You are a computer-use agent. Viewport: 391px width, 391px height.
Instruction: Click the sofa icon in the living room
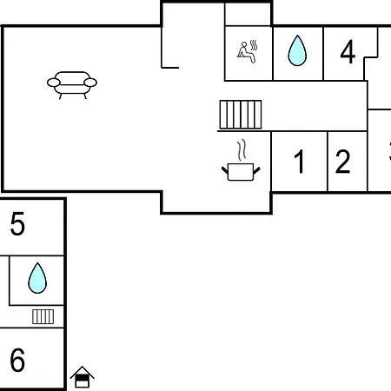[x=72, y=85]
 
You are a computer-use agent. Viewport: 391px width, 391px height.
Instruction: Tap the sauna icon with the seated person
[x=247, y=51]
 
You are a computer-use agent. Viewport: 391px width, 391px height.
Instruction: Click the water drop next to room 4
[x=297, y=50]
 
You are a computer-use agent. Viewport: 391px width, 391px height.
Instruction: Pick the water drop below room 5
[x=37, y=278]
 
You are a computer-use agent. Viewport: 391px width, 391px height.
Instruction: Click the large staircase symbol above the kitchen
[x=241, y=115]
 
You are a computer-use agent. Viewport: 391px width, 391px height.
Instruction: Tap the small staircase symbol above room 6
[x=43, y=316]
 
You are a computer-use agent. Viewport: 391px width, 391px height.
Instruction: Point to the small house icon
[x=83, y=377]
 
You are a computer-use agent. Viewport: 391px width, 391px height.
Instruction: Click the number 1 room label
[x=299, y=162]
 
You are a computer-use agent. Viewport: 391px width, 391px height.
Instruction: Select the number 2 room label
[x=342, y=162]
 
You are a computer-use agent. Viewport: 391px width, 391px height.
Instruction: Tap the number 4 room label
[x=348, y=52]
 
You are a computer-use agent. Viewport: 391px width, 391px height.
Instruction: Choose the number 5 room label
[x=17, y=223]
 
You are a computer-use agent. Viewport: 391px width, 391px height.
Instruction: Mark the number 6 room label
[x=17, y=360]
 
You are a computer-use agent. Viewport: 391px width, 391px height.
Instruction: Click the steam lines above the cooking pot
[x=242, y=150]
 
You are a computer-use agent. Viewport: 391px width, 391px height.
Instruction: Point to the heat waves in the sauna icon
[x=254, y=45]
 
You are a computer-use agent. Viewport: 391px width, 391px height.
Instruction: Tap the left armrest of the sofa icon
[x=54, y=83]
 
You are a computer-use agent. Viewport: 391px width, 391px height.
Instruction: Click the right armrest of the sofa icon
[x=90, y=83]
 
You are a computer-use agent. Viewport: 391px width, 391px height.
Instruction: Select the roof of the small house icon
[x=83, y=372]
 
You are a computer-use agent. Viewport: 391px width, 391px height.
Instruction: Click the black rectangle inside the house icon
[x=82, y=378]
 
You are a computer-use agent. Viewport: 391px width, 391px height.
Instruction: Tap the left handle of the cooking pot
[x=225, y=170]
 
